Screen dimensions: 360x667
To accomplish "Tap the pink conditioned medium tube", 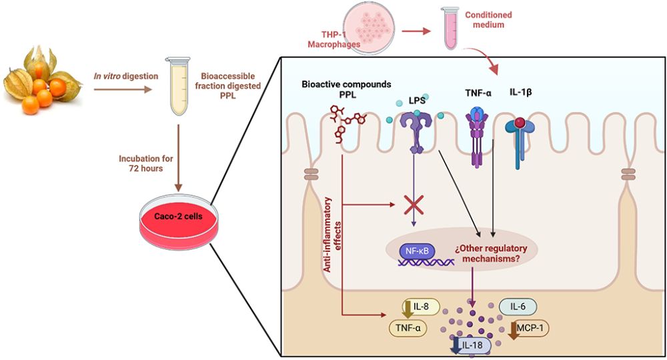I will coord(452,29).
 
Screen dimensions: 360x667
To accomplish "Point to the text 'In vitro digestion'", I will coord(126,76).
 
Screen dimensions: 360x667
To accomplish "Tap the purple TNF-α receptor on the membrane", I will coord(477,137).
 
